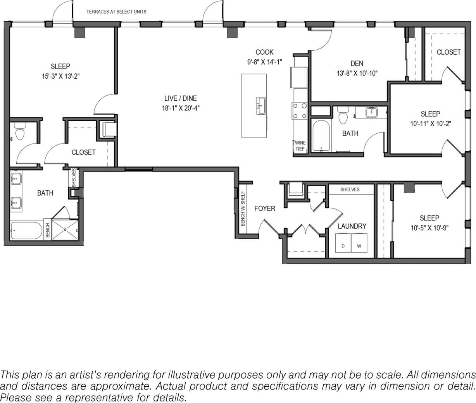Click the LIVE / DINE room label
[x=180, y=98]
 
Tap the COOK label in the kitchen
[x=264, y=52]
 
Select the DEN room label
[x=357, y=64]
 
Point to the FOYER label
[x=265, y=208]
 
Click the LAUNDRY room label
[x=352, y=226]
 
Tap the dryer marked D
[x=343, y=245]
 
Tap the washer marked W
[x=359, y=245]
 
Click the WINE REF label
[x=300, y=146]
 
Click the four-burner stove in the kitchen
[x=300, y=110]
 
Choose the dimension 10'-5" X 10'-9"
[x=429, y=228]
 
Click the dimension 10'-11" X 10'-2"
[x=430, y=124]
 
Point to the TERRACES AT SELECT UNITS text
[x=116, y=12]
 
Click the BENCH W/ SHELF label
[x=243, y=209]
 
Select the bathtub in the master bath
[x=26, y=231]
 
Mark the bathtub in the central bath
[x=321, y=136]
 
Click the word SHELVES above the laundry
[x=350, y=189]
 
